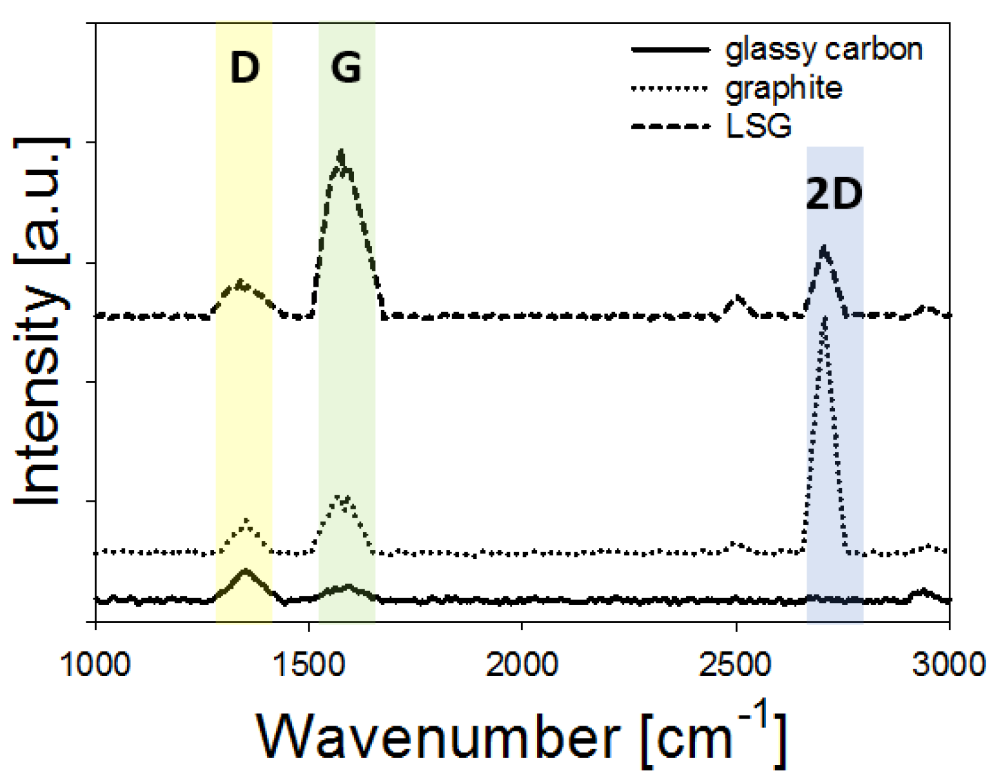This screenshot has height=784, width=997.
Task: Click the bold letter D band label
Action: point(244,67)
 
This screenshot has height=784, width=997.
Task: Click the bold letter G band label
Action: point(346,67)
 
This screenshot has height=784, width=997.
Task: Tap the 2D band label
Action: point(834,194)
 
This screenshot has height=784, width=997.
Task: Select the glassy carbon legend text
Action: point(823,49)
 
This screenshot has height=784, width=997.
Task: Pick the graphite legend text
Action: point(784,88)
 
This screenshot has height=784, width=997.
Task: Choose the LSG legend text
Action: point(759,126)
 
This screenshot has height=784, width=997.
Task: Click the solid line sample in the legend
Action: point(670,49)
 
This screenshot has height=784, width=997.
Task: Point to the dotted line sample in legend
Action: point(670,88)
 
